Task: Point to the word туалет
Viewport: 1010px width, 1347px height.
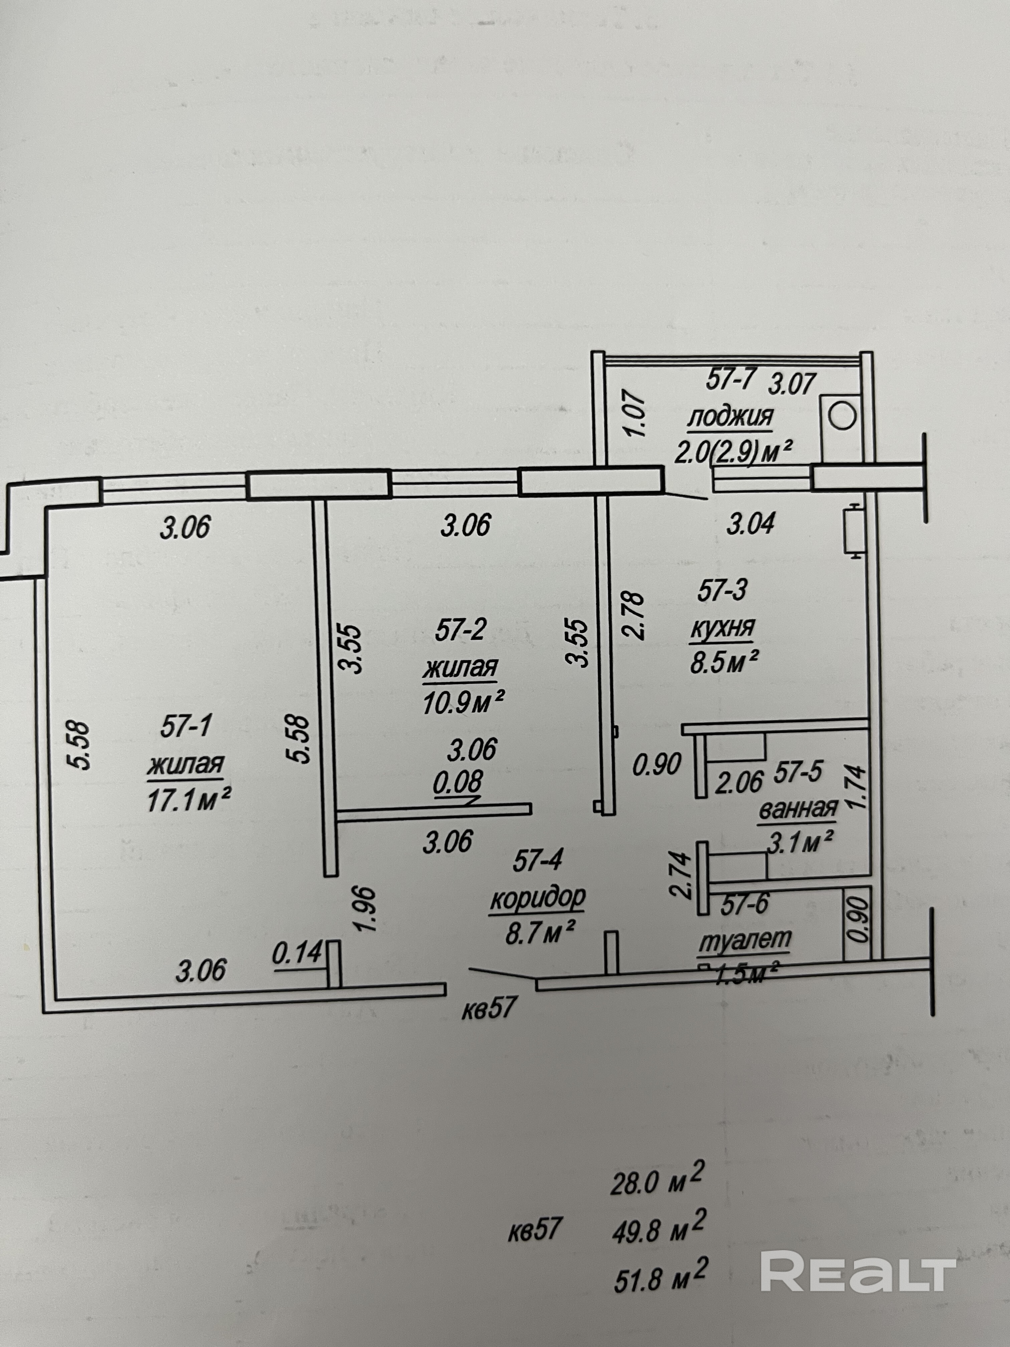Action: pyautogui.click(x=744, y=939)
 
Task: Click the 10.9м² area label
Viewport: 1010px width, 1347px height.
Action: pyautogui.click(x=463, y=704)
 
